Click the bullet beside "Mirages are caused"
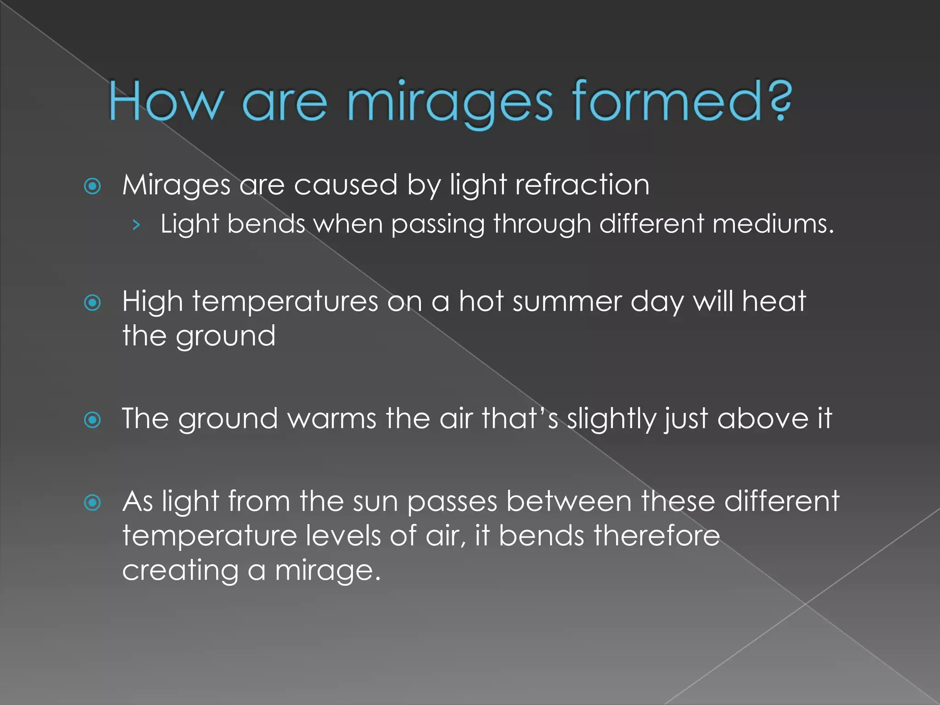tap(93, 186)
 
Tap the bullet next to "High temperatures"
tap(93, 303)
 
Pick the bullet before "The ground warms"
tap(93, 420)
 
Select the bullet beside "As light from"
tap(93, 503)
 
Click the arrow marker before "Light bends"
tap(135, 225)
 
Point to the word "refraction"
tap(582, 185)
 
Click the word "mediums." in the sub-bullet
tap(773, 224)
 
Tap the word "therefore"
tap(656, 536)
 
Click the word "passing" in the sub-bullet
tap(437, 225)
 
